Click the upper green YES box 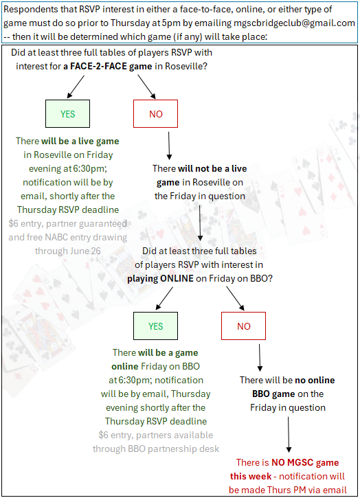[68, 114]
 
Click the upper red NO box [156, 114]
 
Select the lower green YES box [156, 326]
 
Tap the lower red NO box [244, 326]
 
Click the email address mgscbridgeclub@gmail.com [294, 23]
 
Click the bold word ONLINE [177, 279]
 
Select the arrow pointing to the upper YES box [76, 87]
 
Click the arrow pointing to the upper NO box [146, 87]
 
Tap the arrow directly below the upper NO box [169, 146]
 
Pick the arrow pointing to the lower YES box [164, 298]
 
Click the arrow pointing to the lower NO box [235, 298]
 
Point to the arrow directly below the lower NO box [260, 358]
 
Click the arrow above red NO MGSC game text [289, 435]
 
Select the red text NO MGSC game [305, 462]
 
